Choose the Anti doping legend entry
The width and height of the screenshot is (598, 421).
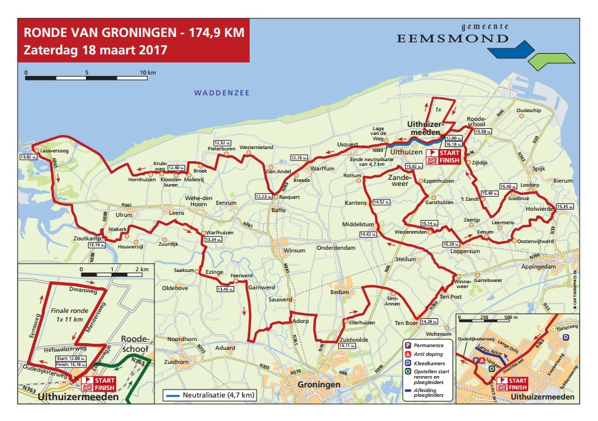(x=430, y=353)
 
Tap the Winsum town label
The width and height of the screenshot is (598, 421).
(x=295, y=250)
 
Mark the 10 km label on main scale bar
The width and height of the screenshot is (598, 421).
(x=148, y=72)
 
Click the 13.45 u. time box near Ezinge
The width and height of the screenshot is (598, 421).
(x=226, y=289)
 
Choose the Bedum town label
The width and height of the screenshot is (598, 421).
(x=341, y=292)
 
